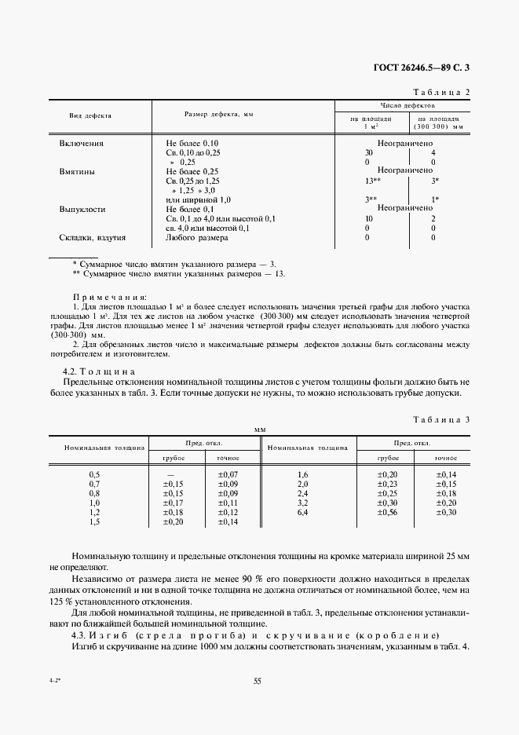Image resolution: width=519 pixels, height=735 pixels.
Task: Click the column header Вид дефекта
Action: [x=90, y=115]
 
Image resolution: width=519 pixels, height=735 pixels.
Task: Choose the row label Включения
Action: [x=82, y=144]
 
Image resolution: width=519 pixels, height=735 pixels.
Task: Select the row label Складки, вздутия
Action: [x=93, y=237]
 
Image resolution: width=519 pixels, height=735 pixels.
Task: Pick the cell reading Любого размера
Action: [x=196, y=237]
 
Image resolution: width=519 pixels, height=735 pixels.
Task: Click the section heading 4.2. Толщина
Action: [x=100, y=371]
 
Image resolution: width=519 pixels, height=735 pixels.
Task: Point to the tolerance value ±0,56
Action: [x=388, y=512]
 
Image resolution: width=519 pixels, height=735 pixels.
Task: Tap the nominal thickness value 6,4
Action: [x=303, y=512]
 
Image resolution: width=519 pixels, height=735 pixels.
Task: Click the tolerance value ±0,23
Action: [x=388, y=485]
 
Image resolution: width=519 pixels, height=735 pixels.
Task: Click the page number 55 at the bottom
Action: [x=257, y=681]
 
